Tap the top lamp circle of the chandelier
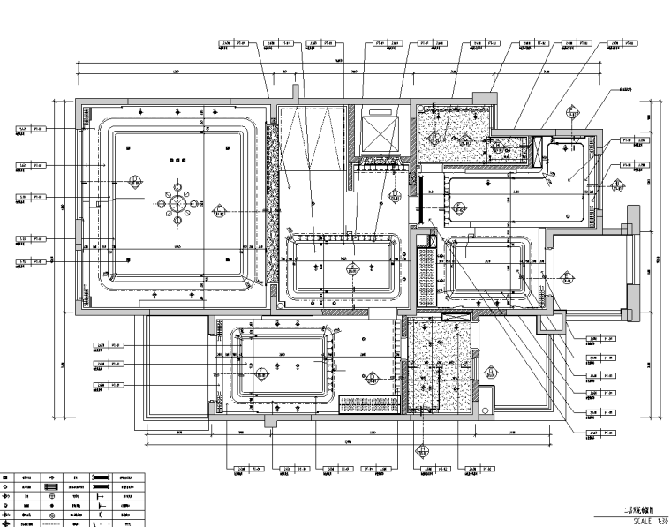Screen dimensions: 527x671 tap(177, 187)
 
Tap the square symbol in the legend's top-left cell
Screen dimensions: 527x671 tap(7, 478)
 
